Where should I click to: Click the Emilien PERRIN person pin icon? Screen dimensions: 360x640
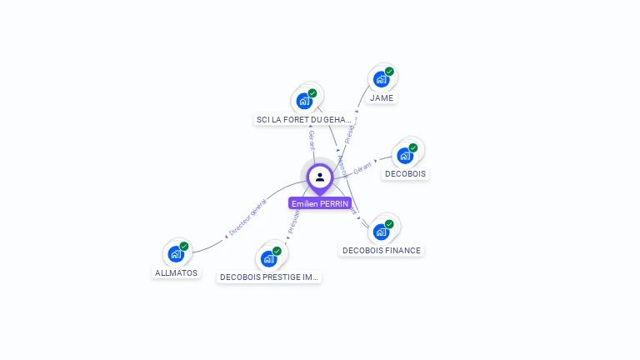(320, 177)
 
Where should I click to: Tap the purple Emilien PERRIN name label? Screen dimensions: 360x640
(320, 203)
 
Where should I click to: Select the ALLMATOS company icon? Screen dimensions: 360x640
(176, 253)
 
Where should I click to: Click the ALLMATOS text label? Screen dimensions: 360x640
(177, 272)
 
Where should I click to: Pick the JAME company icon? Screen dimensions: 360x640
(381, 79)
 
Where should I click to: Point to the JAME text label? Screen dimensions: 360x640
(382, 97)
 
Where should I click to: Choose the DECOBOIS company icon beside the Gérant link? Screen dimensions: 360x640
(405, 155)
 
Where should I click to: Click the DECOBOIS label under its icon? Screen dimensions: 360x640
(405, 174)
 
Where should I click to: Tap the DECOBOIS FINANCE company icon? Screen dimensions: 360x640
(381, 231)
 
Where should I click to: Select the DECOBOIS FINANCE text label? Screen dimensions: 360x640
(382, 250)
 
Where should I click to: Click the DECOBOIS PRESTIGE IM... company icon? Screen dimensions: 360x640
(269, 257)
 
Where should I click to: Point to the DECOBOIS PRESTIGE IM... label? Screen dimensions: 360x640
(269, 277)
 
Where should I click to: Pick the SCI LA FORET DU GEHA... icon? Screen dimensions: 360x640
(304, 101)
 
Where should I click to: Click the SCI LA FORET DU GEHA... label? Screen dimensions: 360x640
(304, 120)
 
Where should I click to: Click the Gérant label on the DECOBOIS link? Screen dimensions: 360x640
(362, 167)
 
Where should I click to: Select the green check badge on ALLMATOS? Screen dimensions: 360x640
(184, 246)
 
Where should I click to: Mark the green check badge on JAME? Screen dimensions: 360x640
(389, 72)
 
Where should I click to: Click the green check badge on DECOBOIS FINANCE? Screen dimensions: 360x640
(389, 223)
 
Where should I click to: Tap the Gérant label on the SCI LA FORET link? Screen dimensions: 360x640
(312, 139)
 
